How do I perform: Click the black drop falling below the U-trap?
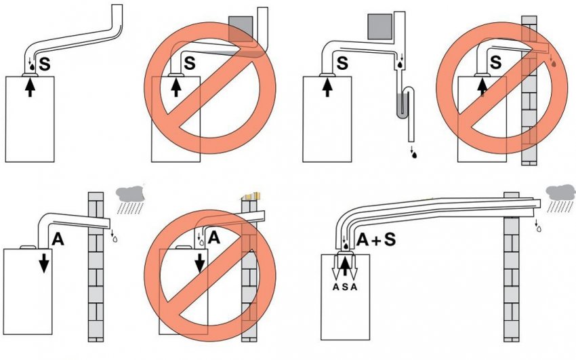pos(413,155)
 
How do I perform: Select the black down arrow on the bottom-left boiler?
pos(43,262)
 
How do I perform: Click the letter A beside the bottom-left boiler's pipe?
pos(57,238)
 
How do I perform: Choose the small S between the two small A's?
pos(346,287)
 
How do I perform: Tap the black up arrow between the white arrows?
pos(346,265)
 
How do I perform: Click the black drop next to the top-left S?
pos(31,68)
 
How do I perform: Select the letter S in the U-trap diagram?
pos(343,64)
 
